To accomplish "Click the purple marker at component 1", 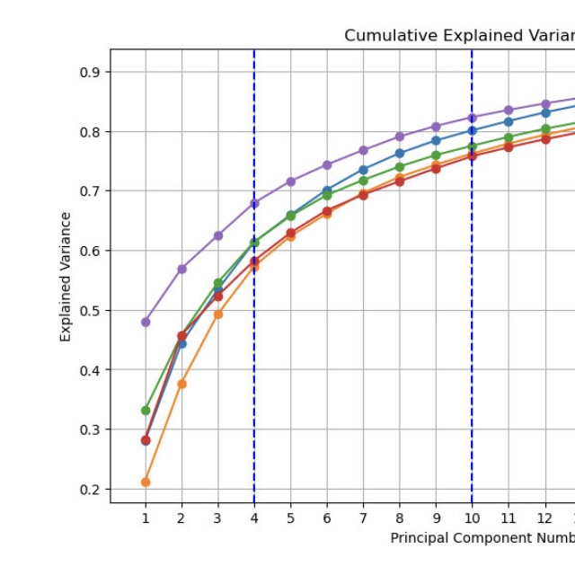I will (146, 322).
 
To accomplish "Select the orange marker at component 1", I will (146, 482).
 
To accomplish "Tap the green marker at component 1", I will (146, 411).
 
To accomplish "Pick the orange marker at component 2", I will (181, 384).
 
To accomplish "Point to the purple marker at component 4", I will (254, 203).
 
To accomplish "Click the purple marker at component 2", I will (181, 269).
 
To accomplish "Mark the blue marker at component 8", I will (400, 154).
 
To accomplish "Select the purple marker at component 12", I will (545, 104).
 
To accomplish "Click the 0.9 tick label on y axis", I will (91, 72).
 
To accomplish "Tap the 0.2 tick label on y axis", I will (91, 489).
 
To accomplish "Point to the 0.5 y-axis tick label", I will (91, 310).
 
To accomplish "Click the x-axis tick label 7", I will (363, 518).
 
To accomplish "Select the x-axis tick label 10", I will (472, 518).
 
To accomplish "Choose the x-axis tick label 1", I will (146, 518).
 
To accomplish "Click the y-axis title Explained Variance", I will (66, 277).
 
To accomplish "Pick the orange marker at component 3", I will (217, 314).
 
